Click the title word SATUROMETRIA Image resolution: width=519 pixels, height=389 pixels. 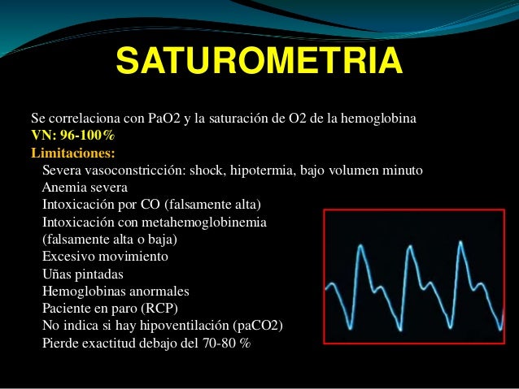click(259, 60)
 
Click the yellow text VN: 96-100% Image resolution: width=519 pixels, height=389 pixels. click(73, 135)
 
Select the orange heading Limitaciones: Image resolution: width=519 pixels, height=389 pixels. click(73, 153)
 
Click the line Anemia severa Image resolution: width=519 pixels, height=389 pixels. click(85, 188)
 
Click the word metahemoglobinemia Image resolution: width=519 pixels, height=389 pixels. click(204, 222)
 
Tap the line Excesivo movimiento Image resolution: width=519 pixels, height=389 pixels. click(105, 256)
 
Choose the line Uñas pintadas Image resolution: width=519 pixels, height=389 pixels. click(83, 274)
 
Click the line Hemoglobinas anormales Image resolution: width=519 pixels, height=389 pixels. click(116, 292)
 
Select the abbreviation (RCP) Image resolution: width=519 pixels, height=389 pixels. click(159, 309)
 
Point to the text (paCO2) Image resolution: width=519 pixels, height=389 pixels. click(258, 326)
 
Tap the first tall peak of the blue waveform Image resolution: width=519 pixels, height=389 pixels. click(360, 245)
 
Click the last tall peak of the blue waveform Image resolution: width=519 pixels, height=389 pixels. click(460, 241)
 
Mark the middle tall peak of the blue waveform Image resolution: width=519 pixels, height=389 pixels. click(411, 246)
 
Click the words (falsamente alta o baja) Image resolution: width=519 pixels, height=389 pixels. click(110, 239)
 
